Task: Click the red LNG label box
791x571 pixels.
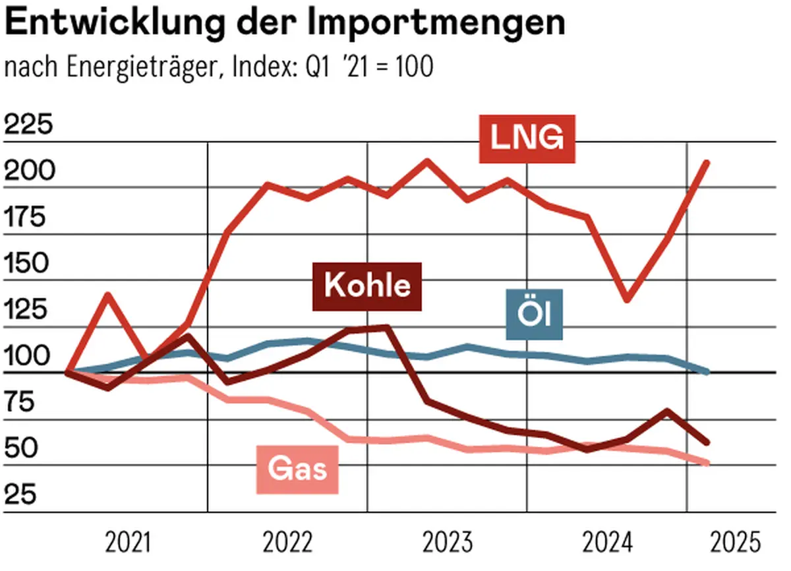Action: tap(527, 139)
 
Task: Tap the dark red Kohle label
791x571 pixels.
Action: tap(367, 287)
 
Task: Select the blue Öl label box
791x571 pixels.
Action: tap(535, 315)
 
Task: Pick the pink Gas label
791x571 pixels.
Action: tap(297, 469)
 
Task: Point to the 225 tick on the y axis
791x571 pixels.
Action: tap(28, 125)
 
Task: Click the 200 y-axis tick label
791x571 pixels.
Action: tap(28, 171)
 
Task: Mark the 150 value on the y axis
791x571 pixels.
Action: tap(28, 264)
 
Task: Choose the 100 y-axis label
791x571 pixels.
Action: tap(28, 357)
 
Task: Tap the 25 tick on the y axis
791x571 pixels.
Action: tap(21, 495)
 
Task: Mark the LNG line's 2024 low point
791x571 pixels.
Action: tap(627, 300)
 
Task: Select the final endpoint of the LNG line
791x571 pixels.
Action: tap(707, 162)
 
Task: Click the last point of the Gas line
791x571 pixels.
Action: tap(707, 464)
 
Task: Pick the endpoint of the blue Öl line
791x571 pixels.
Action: tap(707, 373)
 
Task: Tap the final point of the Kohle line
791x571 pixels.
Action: tap(707, 442)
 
